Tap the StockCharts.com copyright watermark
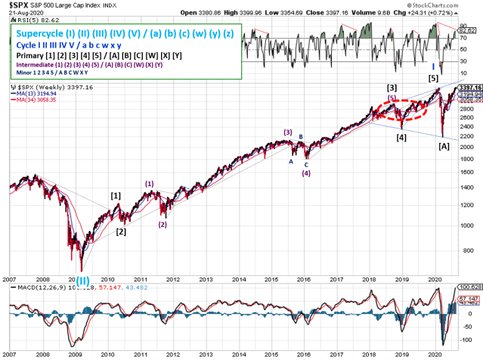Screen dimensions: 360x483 tap(450, 5)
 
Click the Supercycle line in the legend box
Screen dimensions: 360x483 tap(125, 34)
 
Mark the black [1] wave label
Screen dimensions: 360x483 tap(116, 196)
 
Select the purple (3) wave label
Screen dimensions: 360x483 tap(288, 132)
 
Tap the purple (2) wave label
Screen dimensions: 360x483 tap(163, 224)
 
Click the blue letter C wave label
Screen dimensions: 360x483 tap(306, 163)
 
